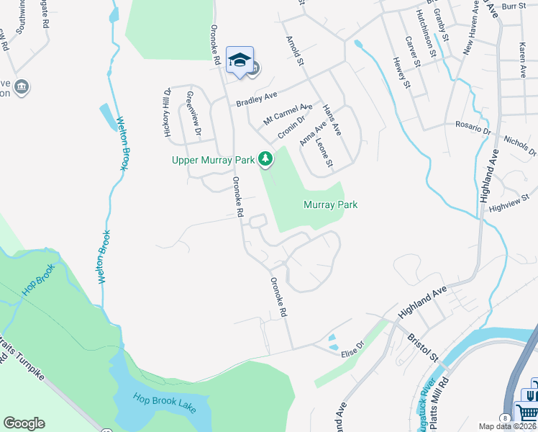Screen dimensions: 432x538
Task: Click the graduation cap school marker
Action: pos(240,60)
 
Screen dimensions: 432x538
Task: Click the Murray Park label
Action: pos(330,205)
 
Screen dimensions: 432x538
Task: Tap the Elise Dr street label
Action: pos(353,346)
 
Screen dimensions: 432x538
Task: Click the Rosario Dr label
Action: pos(472,127)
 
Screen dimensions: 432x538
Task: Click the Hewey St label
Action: pos(402,73)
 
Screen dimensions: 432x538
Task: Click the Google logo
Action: pos(24,423)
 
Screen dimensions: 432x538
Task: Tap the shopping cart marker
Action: pos(530,411)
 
